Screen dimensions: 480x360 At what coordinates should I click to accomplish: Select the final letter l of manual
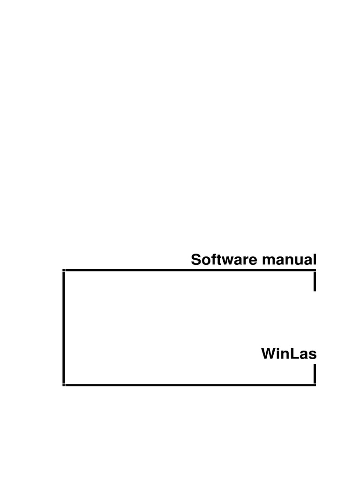315,259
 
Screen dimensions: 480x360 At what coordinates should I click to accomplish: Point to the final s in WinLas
312,355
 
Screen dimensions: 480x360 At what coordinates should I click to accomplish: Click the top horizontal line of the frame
187,270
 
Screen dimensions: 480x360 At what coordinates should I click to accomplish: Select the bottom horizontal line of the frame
187,385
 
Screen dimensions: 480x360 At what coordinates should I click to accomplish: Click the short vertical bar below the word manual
315,281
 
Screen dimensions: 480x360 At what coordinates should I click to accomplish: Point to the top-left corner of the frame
63,270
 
